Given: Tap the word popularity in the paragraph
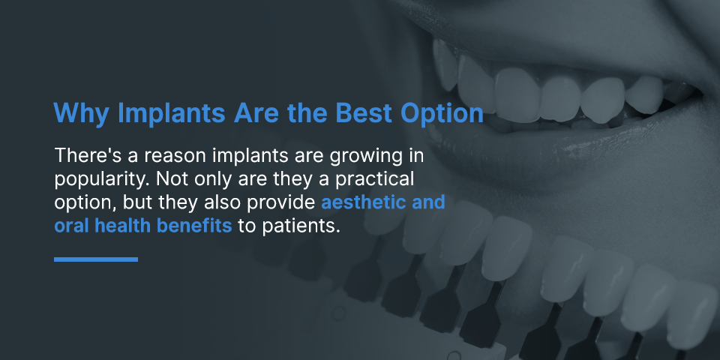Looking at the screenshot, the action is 103,180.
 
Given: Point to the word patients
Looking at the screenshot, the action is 301,226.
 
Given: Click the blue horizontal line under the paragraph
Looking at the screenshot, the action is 96,259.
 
